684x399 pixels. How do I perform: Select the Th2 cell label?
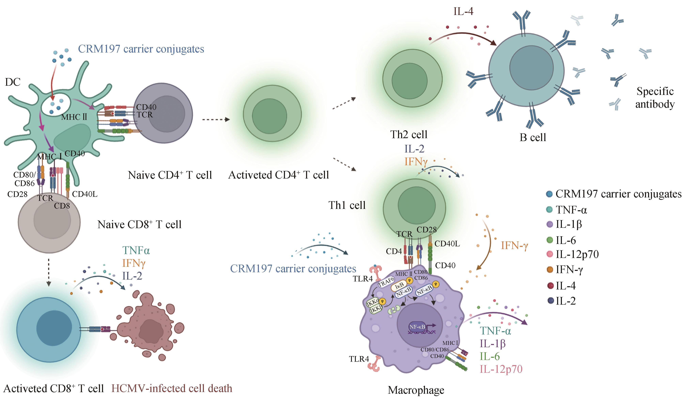pyautogui.click(x=409, y=135)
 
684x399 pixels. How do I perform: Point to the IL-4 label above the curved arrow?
pyautogui.click(x=463, y=11)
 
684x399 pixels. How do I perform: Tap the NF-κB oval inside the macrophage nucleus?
pyautogui.click(x=417, y=327)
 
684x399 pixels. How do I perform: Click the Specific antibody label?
pyautogui.click(x=655, y=98)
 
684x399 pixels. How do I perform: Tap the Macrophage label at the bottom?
pyautogui.click(x=416, y=390)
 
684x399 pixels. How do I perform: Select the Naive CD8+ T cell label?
pyautogui.click(x=139, y=225)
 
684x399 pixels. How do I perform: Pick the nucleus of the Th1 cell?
pyautogui.click(x=416, y=205)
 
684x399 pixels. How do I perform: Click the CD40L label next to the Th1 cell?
pyautogui.click(x=447, y=244)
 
